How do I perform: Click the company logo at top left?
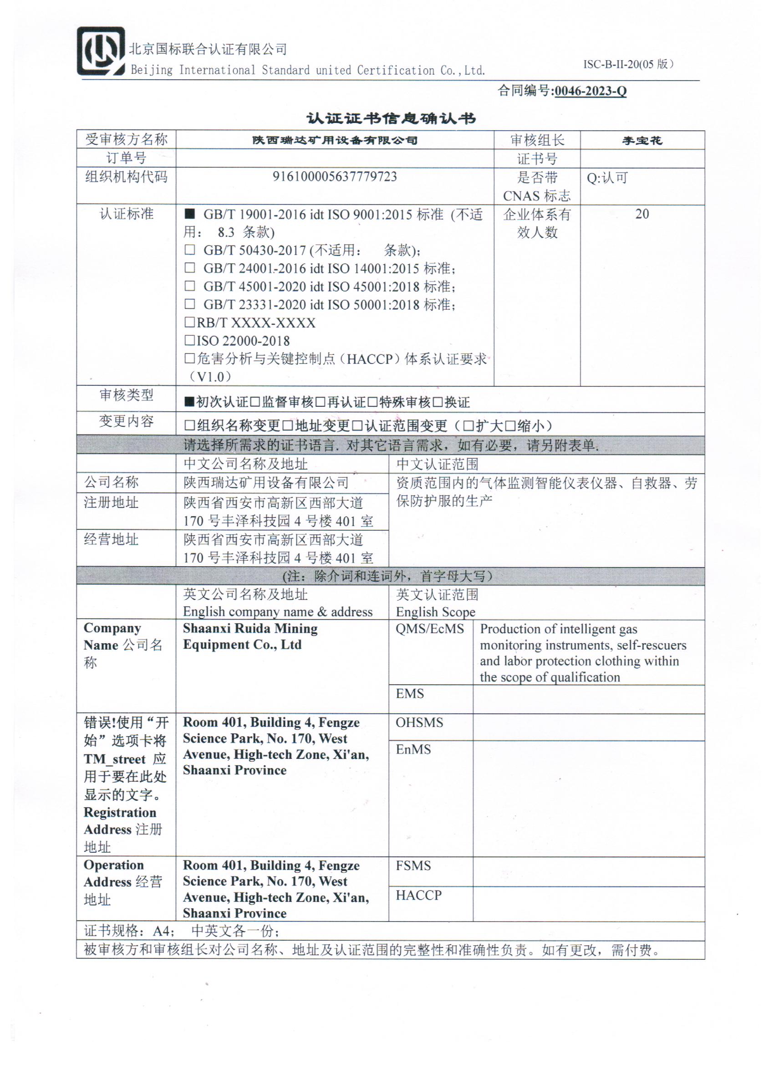pyautogui.click(x=101, y=51)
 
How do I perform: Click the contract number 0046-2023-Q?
pyautogui.click(x=590, y=91)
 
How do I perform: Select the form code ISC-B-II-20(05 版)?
pyautogui.click(x=628, y=64)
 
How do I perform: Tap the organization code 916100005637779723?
pyautogui.click(x=335, y=177)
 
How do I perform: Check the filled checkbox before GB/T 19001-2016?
pyautogui.click(x=189, y=214)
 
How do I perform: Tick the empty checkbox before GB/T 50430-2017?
pyautogui.click(x=189, y=250)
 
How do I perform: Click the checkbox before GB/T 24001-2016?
pyautogui.click(x=189, y=268)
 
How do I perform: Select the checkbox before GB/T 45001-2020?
pyautogui.click(x=189, y=286)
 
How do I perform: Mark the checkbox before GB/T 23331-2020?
pyautogui.click(x=189, y=304)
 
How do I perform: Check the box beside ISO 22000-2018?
pyautogui.click(x=189, y=340)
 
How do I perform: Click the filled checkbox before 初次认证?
pyautogui.click(x=189, y=402)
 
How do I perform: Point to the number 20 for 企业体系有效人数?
pyautogui.click(x=642, y=214)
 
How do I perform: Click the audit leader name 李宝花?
pyautogui.click(x=642, y=140)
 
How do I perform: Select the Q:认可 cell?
pyautogui.click(x=607, y=178)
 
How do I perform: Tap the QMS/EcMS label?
pyautogui.click(x=429, y=629)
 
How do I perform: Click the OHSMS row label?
pyautogui.click(x=419, y=722)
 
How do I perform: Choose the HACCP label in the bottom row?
pyautogui.click(x=418, y=895)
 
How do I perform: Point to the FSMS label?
pyautogui.click(x=413, y=865)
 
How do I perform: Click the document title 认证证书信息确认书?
pyautogui.click(x=391, y=118)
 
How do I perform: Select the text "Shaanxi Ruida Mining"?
pyautogui.click(x=250, y=628)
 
